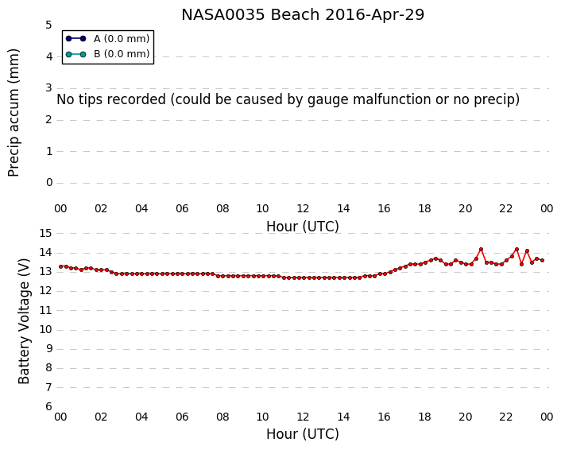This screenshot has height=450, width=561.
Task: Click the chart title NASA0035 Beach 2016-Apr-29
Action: tap(303, 15)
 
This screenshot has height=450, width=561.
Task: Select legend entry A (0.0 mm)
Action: tap(107, 39)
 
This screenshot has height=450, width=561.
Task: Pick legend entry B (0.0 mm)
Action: tap(107, 54)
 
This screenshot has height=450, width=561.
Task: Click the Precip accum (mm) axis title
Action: tap(14, 113)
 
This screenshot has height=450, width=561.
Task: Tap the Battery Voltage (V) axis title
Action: tap(24, 321)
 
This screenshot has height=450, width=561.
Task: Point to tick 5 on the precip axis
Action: tap(48, 25)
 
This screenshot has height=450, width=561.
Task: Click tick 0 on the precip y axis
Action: tap(49, 183)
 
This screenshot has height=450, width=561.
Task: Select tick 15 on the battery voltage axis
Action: tap(45, 234)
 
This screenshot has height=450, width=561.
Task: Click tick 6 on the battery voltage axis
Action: tap(48, 407)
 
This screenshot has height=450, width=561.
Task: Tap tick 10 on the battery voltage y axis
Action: tap(45, 330)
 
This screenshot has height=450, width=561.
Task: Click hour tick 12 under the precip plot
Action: tap(303, 208)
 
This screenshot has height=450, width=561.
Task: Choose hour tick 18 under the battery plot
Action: tap(424, 417)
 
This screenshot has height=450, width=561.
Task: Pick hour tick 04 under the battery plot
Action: tap(141, 417)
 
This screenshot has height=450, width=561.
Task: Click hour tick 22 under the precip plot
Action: tap(505, 208)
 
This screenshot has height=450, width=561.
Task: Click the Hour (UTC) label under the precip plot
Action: tap(303, 227)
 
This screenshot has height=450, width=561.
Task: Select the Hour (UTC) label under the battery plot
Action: tap(303, 434)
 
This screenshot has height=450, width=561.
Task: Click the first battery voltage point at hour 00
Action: tap(61, 266)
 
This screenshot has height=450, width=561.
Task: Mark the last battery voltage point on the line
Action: tap(543, 260)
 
